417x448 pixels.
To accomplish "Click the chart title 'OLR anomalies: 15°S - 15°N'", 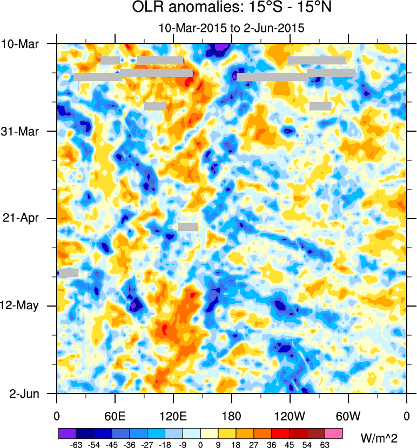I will click(231, 9).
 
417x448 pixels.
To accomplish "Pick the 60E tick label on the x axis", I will click(115, 416).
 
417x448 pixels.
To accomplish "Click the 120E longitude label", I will click(173, 416).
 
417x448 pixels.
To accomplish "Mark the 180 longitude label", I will click(231, 416).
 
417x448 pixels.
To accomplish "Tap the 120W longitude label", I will click(290, 416).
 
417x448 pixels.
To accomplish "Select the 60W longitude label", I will click(348, 416).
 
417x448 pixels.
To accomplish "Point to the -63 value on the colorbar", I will click(76, 444).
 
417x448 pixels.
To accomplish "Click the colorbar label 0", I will click(200, 444).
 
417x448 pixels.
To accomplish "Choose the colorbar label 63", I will click(325, 444).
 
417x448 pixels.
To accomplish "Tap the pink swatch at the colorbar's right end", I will click(334, 433).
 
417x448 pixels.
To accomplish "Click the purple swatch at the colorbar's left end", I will click(66, 433).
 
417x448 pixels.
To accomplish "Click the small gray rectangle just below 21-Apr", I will click(188, 227).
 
